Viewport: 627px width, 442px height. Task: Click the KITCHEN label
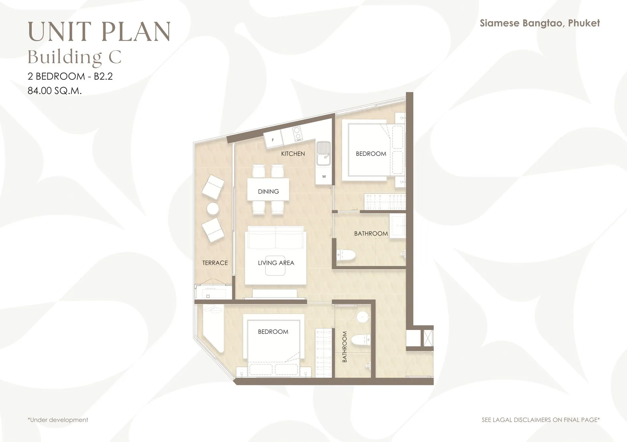point(293,154)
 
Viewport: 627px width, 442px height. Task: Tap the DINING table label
point(268,191)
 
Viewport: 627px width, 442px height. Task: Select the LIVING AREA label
point(276,263)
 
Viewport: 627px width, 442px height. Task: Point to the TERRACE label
point(215,263)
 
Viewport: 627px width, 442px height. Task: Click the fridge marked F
point(273,140)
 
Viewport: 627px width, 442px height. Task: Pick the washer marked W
point(324,177)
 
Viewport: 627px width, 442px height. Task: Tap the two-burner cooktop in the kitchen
point(297,134)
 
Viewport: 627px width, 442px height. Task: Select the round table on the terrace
point(213,208)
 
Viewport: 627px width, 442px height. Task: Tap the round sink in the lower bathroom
point(362,317)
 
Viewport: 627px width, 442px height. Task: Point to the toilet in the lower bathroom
point(363,339)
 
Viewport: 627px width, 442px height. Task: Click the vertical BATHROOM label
point(345,347)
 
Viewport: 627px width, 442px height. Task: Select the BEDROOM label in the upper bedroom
point(371,154)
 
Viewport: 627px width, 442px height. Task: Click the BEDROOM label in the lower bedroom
point(273,332)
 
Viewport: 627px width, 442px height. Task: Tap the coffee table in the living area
point(275,266)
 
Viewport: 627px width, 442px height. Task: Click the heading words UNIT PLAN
point(99,31)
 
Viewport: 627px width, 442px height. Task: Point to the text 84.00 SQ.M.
point(55,90)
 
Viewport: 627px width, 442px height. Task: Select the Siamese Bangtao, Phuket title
point(540,23)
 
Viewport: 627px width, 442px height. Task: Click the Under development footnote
point(58,420)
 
